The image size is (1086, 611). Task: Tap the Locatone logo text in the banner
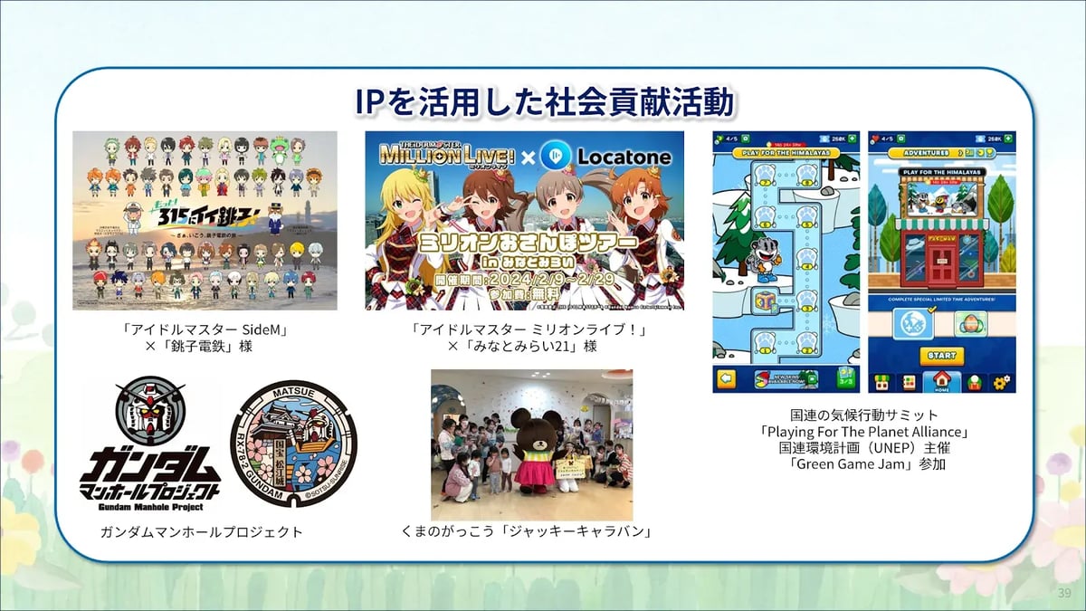625,158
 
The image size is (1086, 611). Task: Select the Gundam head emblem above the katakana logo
150,409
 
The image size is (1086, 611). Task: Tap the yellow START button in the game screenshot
941,354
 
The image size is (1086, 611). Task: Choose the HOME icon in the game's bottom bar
941,381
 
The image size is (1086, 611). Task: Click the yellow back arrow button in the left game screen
726,379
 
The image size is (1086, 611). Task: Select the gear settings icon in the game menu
1002,382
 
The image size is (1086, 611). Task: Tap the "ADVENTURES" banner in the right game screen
918,153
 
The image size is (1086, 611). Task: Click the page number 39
1064,592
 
